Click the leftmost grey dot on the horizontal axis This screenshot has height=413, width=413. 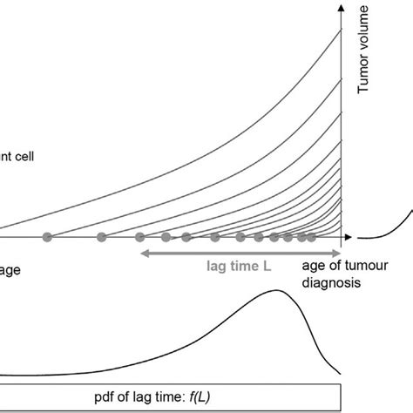point(48,237)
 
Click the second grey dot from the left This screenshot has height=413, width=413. point(101,237)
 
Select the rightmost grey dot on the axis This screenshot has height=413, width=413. point(312,237)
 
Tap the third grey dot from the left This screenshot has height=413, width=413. point(139,237)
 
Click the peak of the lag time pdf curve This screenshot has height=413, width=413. point(279,292)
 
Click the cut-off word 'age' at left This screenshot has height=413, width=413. point(9,271)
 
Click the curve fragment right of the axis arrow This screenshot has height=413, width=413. point(388,227)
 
